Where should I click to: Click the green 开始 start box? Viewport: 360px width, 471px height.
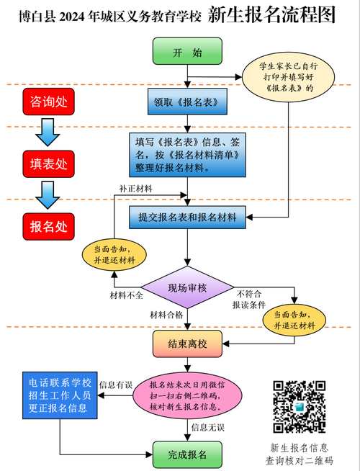pyautogui.click(x=187, y=53)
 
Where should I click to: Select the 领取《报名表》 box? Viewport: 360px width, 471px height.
pyautogui.click(x=187, y=102)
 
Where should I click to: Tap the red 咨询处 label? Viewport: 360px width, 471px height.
pyautogui.click(x=48, y=102)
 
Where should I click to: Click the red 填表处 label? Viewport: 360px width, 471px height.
pyautogui.click(x=48, y=163)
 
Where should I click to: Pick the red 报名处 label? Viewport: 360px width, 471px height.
pyautogui.click(x=48, y=226)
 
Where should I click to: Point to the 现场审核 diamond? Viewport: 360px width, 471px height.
pyautogui.click(x=187, y=288)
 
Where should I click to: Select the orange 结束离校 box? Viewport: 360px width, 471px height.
pyautogui.click(x=187, y=344)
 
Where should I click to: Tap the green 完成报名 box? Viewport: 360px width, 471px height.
pyautogui.click(x=187, y=454)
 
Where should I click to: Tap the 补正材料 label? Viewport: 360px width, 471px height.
pyautogui.click(x=135, y=189)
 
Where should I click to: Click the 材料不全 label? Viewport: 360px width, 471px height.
pyautogui.click(x=126, y=295)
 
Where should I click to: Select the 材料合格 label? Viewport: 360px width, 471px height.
pyautogui.click(x=166, y=315)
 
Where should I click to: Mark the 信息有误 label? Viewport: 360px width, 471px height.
pyautogui.click(x=115, y=384)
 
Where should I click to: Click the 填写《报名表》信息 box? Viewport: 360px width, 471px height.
pyautogui.click(x=187, y=154)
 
